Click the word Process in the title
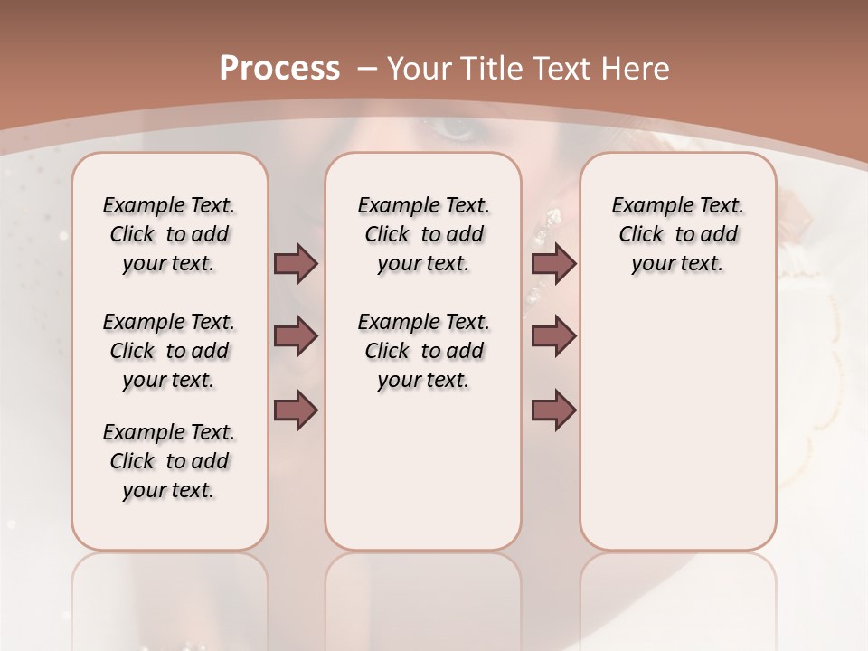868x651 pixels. pyautogui.click(x=279, y=69)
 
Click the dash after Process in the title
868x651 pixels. pyautogui.click(x=368, y=69)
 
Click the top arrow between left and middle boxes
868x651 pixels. pyautogui.click(x=296, y=264)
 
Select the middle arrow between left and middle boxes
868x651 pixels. pyautogui.click(x=296, y=337)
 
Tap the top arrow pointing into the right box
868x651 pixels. pyautogui.click(x=553, y=264)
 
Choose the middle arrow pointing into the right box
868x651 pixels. pyautogui.click(x=553, y=337)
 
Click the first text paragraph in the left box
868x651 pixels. pyautogui.click(x=169, y=234)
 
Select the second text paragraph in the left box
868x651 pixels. pyautogui.click(x=169, y=351)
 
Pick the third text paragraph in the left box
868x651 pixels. pyautogui.click(x=169, y=461)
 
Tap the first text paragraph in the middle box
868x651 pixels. pyautogui.click(x=423, y=234)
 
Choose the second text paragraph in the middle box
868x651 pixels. pyautogui.click(x=423, y=351)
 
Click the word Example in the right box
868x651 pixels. pyautogui.click(x=645, y=205)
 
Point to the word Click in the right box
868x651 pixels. pyautogui.click(x=641, y=234)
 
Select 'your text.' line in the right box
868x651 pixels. pyautogui.click(x=677, y=264)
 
